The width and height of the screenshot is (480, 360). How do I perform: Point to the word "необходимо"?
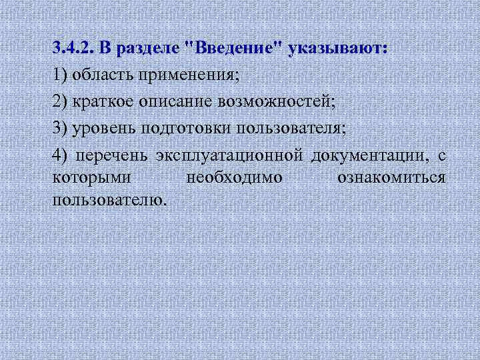click(234, 178)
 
